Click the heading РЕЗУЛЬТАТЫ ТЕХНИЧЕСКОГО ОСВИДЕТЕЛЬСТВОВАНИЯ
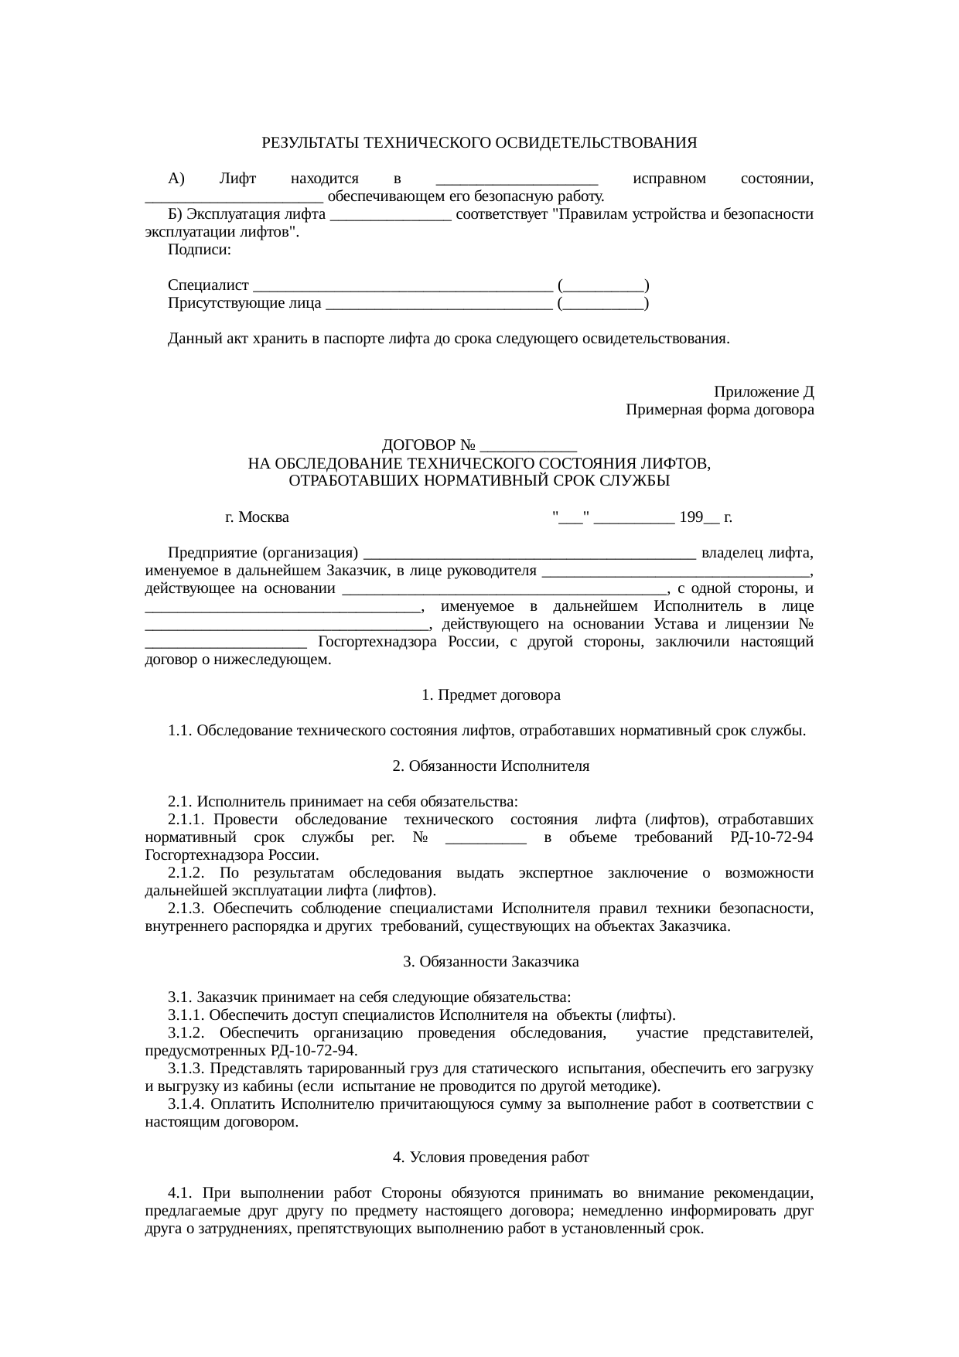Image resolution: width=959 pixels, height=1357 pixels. [479, 144]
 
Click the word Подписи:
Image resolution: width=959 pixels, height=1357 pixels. [199, 251]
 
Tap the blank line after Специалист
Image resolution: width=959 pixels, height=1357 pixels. [402, 286]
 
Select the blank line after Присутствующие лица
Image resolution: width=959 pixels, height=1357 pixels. [439, 304]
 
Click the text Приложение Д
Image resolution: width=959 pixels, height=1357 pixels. [763, 393]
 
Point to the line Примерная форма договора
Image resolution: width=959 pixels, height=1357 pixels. [719, 411]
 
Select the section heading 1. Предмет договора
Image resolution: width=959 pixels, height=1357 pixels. [490, 695]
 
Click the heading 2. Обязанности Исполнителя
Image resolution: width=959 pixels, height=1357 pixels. [490, 766]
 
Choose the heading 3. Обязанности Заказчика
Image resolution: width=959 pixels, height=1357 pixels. [490, 962]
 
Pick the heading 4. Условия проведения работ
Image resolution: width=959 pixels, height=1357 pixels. [490, 1158]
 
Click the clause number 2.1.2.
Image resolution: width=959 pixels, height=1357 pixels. [186, 873]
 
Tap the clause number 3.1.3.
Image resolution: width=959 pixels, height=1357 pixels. [186, 1069]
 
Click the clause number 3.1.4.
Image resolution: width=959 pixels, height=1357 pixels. [186, 1104]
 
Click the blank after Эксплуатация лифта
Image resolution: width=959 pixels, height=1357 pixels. [391, 215]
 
